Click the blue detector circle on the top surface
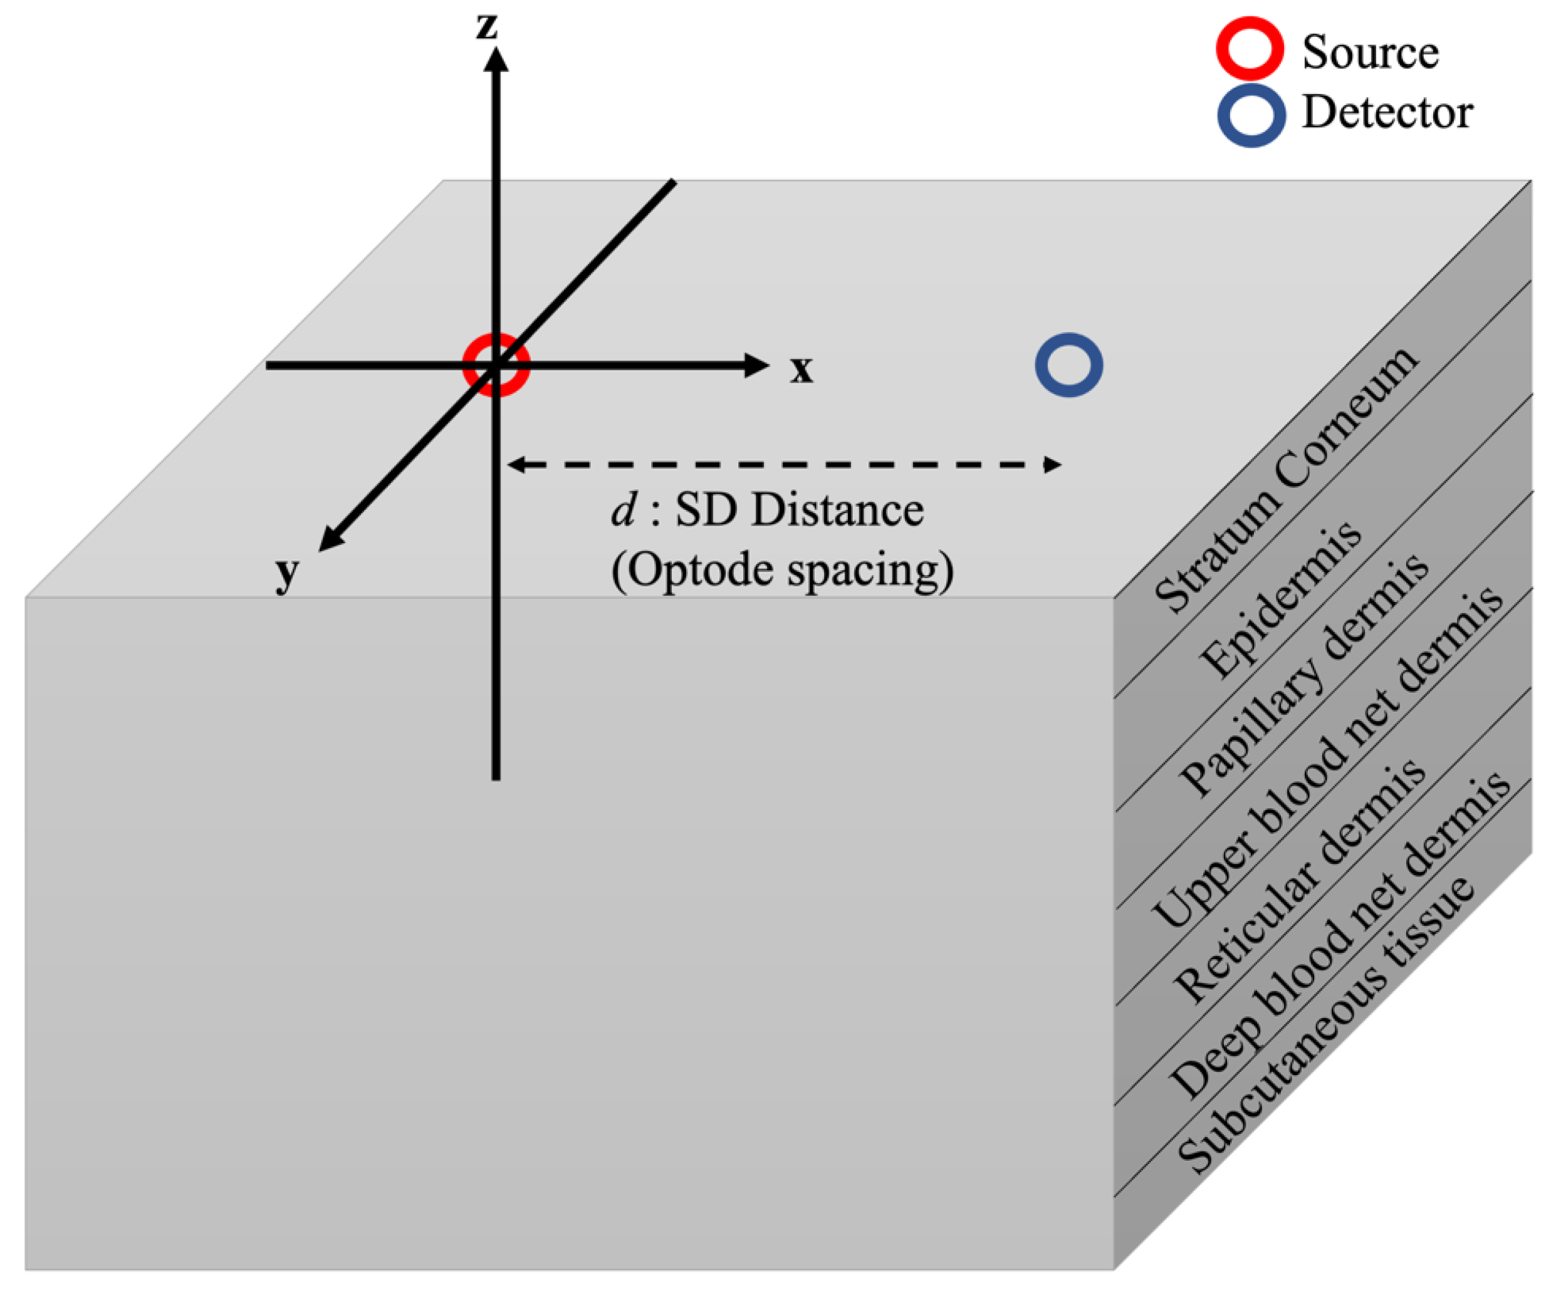click(x=1068, y=365)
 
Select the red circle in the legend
click(x=1249, y=48)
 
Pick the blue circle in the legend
click(x=1251, y=115)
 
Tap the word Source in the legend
click(x=1370, y=53)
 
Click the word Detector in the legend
click(x=1387, y=113)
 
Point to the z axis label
click(x=487, y=26)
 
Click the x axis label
click(x=802, y=368)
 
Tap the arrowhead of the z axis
click(x=496, y=59)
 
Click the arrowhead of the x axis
click(x=757, y=365)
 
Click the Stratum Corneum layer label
click(x=1285, y=480)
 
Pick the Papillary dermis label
click(x=1303, y=675)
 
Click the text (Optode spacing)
click(x=782, y=571)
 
